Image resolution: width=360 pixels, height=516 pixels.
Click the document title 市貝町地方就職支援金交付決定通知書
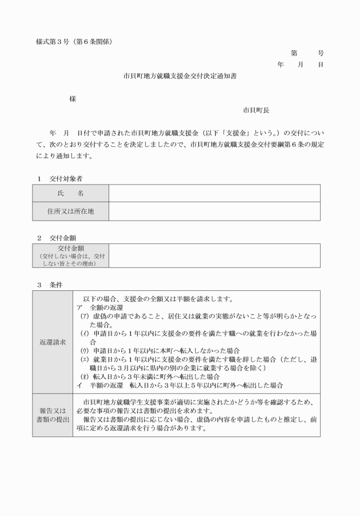pos(180,75)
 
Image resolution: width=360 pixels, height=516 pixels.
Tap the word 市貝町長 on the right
pos(256,110)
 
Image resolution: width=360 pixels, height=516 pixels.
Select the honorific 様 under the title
pos(73,98)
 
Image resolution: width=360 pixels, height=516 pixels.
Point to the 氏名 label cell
pos(70,194)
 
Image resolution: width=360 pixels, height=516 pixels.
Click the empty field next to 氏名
pos(214,194)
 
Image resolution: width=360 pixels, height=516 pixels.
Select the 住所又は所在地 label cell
pos(70,211)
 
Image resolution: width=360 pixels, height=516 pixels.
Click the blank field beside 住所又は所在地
pos(214,211)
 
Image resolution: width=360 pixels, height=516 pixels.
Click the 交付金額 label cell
pos(70,255)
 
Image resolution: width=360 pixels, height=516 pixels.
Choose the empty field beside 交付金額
pos(214,255)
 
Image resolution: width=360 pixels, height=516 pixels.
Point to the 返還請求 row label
pos(53,342)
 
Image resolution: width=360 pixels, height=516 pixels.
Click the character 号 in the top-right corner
pos(321,53)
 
